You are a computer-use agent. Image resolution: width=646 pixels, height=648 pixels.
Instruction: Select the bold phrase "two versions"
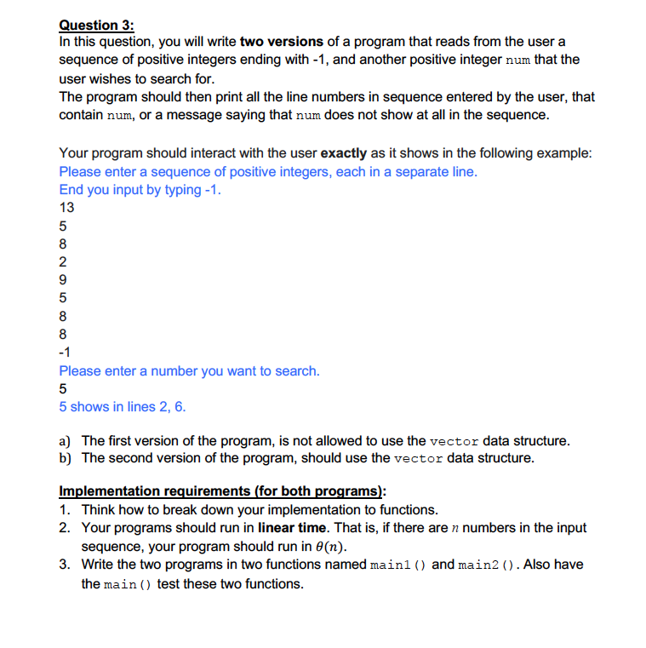(281, 42)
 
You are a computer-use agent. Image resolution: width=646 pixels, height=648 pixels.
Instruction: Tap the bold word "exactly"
(344, 153)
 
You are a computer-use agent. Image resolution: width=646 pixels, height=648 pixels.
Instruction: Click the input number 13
(66, 208)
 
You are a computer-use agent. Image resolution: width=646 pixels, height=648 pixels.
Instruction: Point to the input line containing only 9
(63, 280)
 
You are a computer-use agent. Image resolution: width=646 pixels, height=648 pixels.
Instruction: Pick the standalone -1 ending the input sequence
(66, 353)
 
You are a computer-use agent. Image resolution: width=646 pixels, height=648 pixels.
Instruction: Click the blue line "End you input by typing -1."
(140, 190)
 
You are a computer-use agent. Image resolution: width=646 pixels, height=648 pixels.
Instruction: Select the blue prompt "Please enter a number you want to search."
(189, 371)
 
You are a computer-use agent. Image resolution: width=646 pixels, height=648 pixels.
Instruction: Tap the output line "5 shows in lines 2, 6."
(123, 407)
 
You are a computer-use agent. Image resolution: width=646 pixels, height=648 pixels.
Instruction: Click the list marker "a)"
(66, 441)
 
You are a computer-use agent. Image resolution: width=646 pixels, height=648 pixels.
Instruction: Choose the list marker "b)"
(66, 458)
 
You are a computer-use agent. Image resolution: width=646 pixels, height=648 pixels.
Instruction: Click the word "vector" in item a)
(454, 442)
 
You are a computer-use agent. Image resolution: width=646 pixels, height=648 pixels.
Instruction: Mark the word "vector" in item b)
(420, 459)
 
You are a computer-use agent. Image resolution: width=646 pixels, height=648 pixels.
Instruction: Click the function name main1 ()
(400, 565)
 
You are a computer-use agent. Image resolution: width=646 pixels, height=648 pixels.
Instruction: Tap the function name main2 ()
(489, 565)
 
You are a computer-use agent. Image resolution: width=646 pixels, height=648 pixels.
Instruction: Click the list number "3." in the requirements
(66, 565)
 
